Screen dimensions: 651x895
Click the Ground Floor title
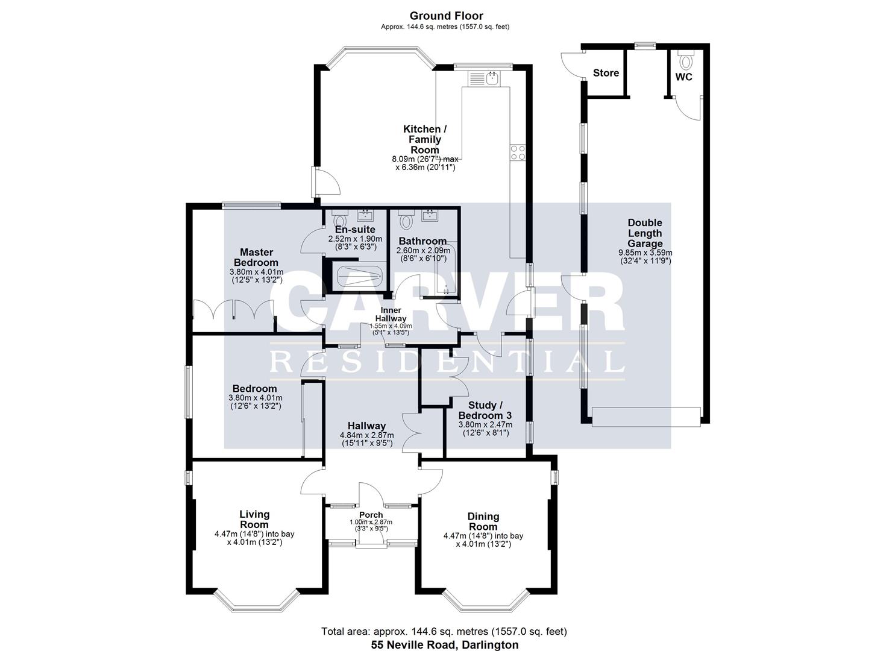447,16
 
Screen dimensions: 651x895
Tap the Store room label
606,73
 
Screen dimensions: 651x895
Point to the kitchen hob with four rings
518,153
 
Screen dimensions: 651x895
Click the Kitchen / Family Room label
425,139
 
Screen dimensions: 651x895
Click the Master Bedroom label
256,257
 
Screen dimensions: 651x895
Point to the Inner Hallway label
391,314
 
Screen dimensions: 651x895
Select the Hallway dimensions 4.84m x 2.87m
366,435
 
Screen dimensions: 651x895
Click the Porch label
371,515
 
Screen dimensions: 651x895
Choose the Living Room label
254,520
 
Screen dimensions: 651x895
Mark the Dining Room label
483,521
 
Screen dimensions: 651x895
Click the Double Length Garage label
645,233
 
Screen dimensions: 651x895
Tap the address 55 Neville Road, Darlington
444,644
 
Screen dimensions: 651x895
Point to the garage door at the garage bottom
646,417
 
